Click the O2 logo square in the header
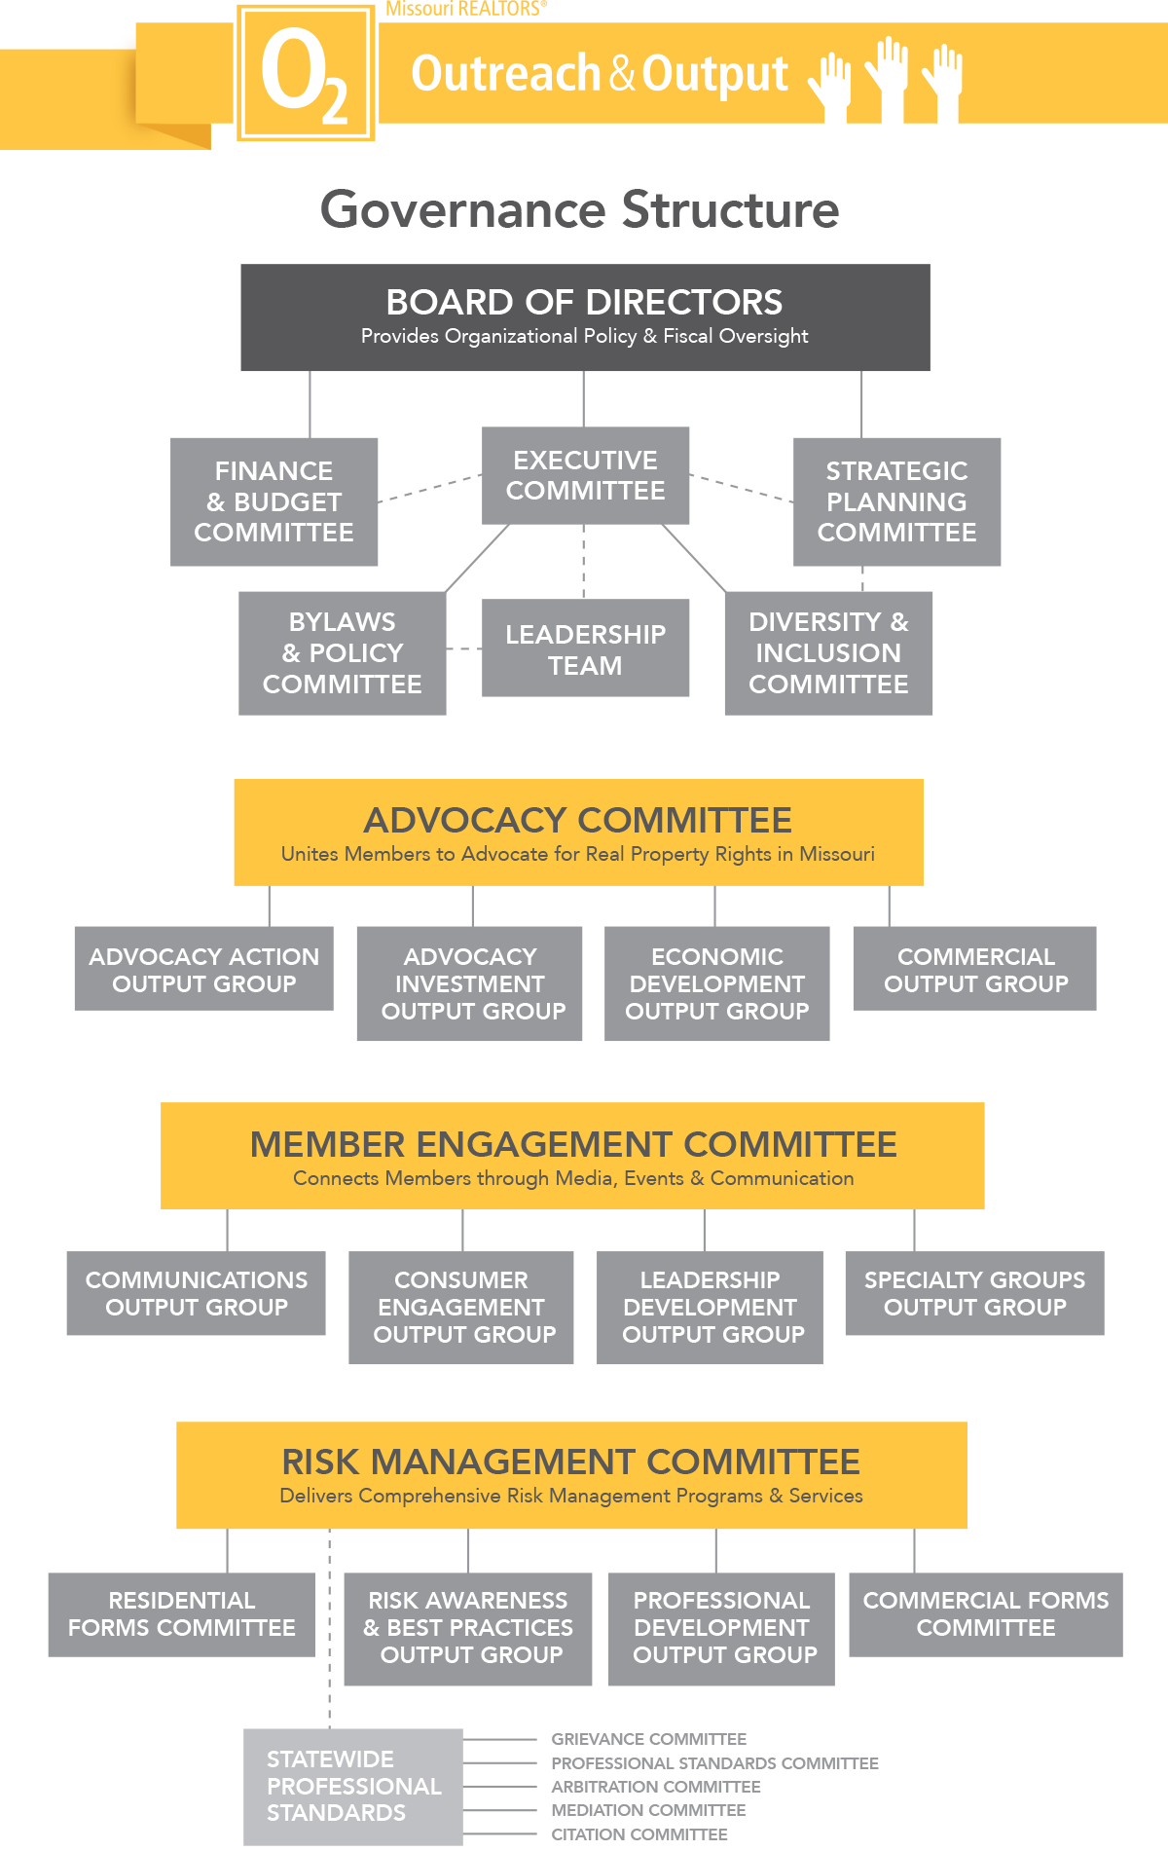pyautogui.click(x=306, y=73)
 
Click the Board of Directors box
pyautogui.click(x=585, y=317)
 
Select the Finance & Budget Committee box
pyautogui.click(x=274, y=501)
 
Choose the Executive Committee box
pyautogui.click(x=586, y=475)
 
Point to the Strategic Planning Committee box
pyautogui.click(x=896, y=501)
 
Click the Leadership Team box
pyautogui.click(x=585, y=648)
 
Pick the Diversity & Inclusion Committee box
pyautogui.click(x=828, y=652)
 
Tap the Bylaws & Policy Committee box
pyautogui.click(x=343, y=652)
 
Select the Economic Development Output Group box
pyautogui.click(x=717, y=983)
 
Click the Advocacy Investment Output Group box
pyautogui.click(x=470, y=983)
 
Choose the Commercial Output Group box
pyautogui.click(x=975, y=969)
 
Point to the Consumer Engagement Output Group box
pyautogui.click(x=461, y=1307)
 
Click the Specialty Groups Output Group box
pyautogui.click(x=974, y=1293)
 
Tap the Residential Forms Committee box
pyautogui.click(x=182, y=1613)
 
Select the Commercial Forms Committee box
pyautogui.click(x=985, y=1613)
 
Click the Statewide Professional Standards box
pyautogui.click(x=352, y=1786)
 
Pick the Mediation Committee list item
pyautogui.click(x=648, y=1810)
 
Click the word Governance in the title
pyautogui.click(x=463, y=209)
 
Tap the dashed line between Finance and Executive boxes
pyautogui.click(x=430, y=488)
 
